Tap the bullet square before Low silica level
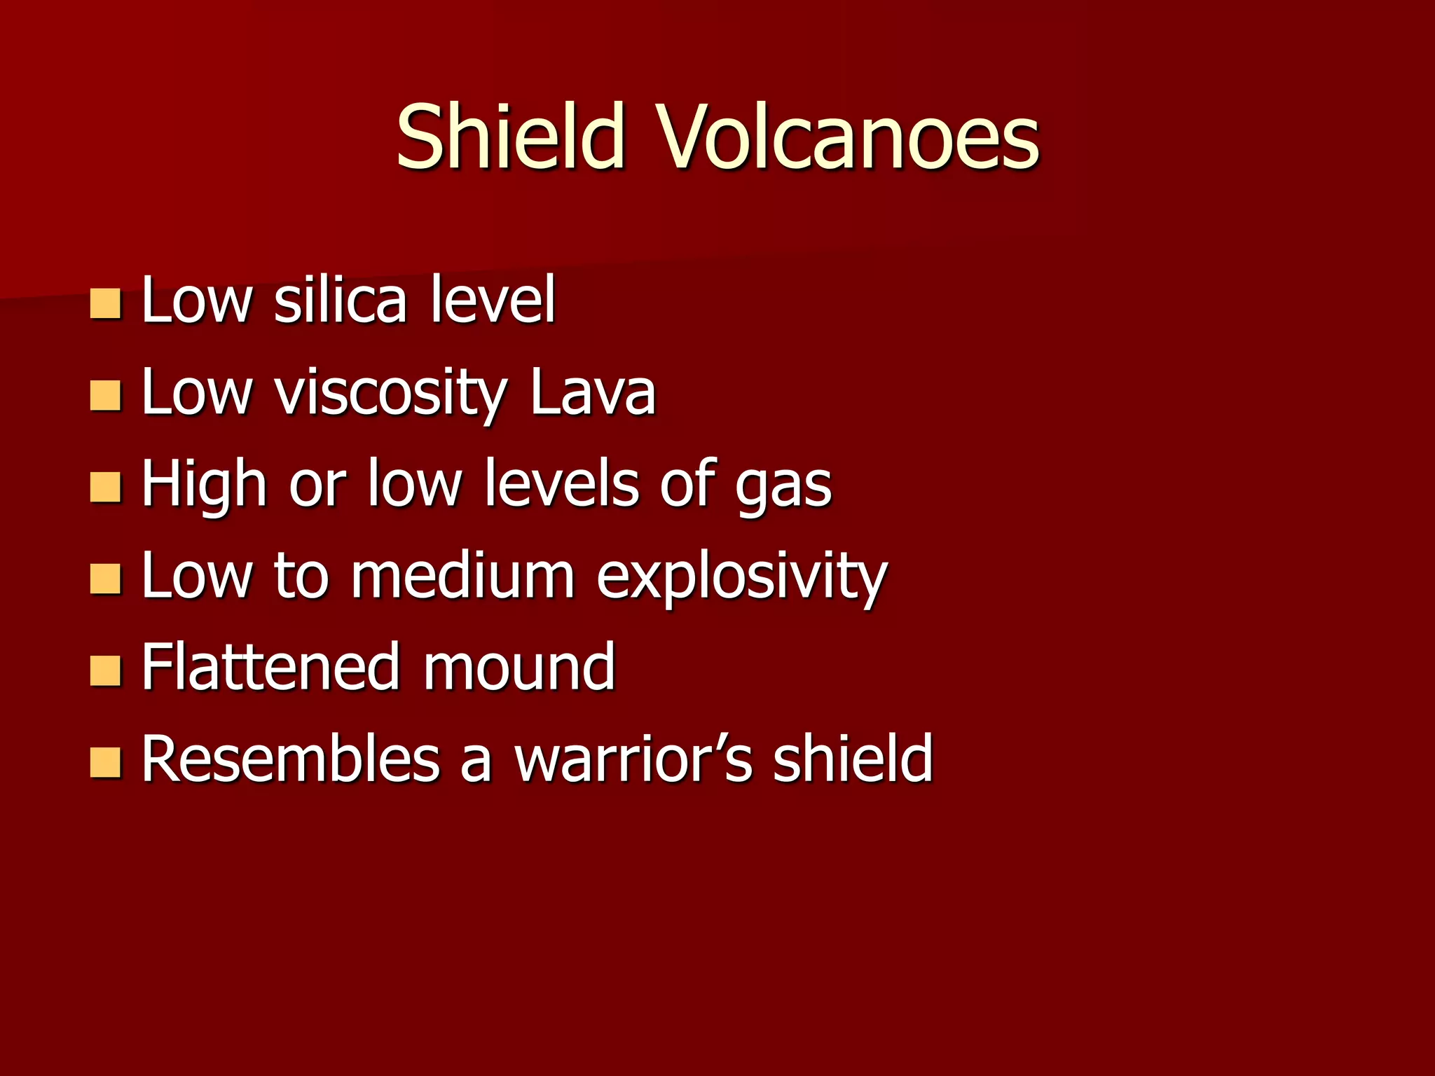[x=106, y=304]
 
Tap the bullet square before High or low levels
[x=106, y=488]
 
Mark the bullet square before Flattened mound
[x=106, y=671]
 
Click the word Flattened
[x=272, y=667]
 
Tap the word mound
[x=519, y=667]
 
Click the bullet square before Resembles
[x=106, y=763]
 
